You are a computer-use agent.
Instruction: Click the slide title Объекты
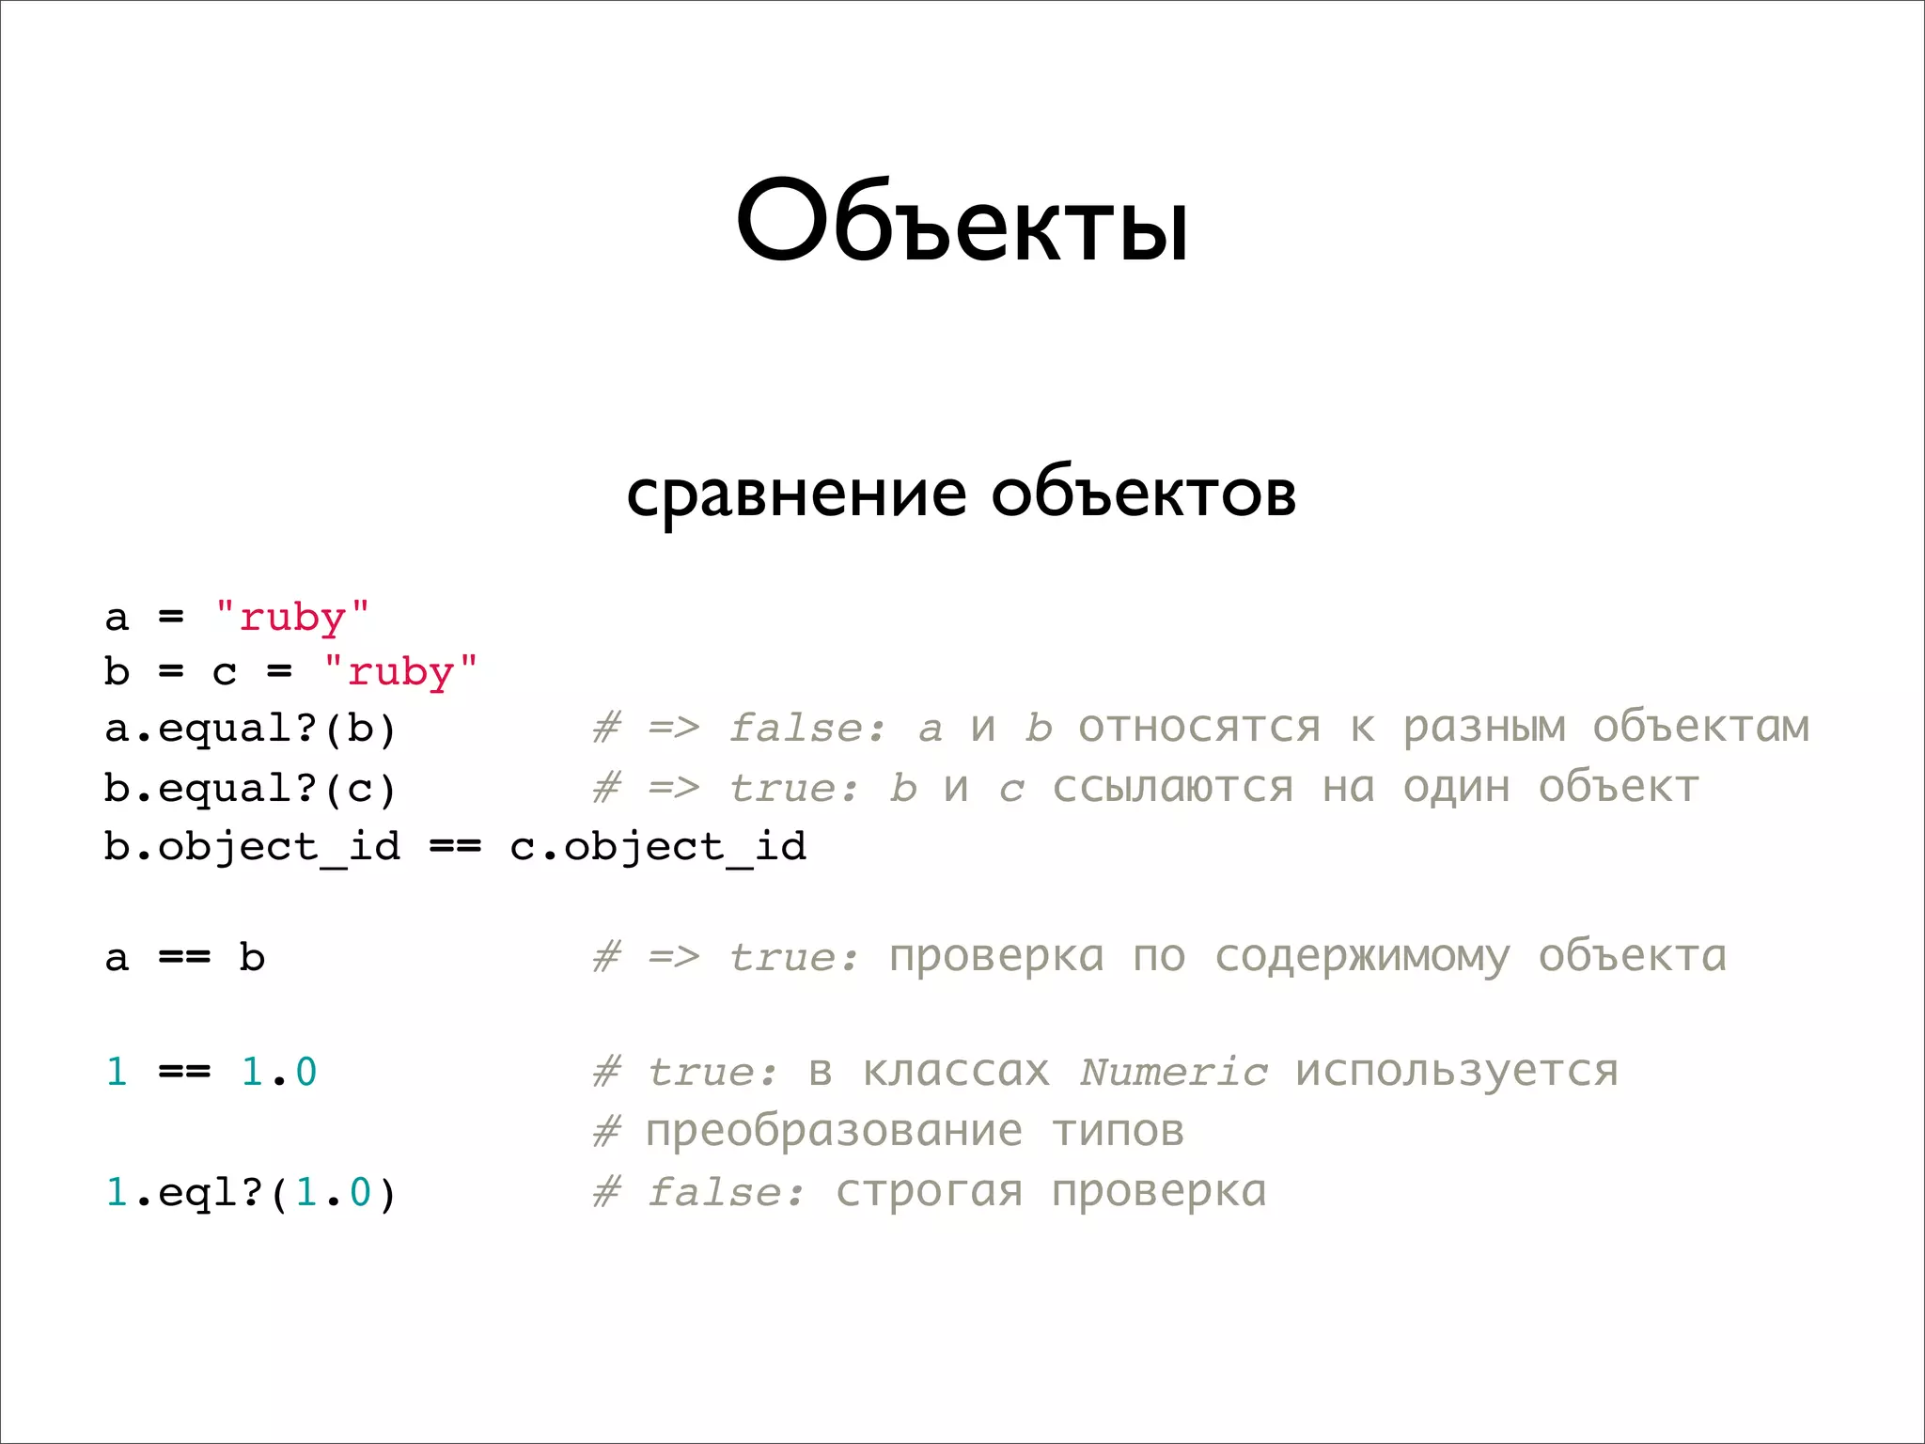pos(962,223)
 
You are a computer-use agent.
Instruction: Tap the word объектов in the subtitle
pos(1143,494)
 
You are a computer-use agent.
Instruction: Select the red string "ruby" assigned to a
pos(292,617)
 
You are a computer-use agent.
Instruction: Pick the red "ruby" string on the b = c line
pos(400,672)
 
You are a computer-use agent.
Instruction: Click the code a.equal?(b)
pos(250,729)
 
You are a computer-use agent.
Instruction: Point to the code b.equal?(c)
pos(250,788)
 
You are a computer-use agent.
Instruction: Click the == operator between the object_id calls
pos(455,847)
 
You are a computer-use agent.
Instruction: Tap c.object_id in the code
pos(658,847)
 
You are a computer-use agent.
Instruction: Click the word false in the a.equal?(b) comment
pos(806,729)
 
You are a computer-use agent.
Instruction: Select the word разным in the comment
pos(1484,729)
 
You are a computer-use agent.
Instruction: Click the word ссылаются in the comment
pos(1172,788)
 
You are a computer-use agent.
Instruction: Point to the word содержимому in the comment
pos(1362,958)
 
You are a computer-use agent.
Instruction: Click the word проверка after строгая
pos(1159,1192)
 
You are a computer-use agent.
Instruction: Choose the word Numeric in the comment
pos(1173,1072)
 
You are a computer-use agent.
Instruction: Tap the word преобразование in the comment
pos(834,1131)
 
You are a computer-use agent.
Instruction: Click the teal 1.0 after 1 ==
pos(279,1072)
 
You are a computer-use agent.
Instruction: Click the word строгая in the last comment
pos(929,1192)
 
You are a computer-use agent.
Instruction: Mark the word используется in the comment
pos(1457,1072)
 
